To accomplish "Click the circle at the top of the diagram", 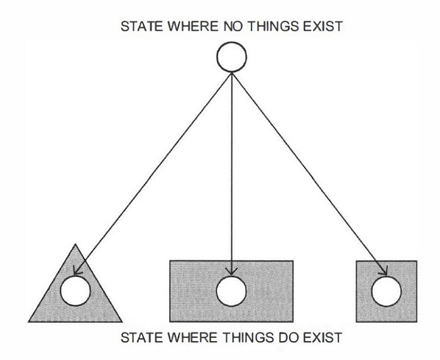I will tap(232, 57).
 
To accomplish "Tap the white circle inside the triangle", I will tap(75, 291).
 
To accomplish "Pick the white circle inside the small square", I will tap(386, 291).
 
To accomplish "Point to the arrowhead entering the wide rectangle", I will tap(232, 271).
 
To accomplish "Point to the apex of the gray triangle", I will tap(75, 244).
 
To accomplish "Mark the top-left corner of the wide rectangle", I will tap(170, 261).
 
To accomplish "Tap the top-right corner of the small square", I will tap(417, 261).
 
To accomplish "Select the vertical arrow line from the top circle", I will tap(232, 170).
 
